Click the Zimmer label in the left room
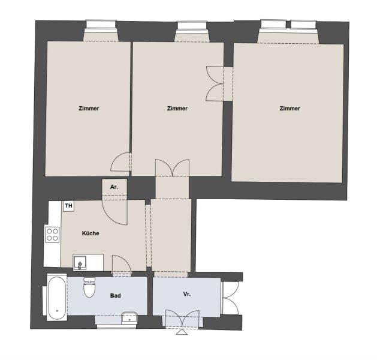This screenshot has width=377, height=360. click(x=89, y=109)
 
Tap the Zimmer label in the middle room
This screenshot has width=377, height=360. click(x=177, y=109)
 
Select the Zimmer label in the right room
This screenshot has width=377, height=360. click(x=289, y=109)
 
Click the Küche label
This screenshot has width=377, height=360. click(x=91, y=233)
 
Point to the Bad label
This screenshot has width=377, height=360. click(x=116, y=296)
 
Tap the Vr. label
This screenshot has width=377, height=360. click(x=187, y=295)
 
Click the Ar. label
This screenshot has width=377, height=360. click(x=114, y=187)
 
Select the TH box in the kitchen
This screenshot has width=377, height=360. click(x=69, y=206)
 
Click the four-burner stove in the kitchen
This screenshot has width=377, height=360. click(x=52, y=233)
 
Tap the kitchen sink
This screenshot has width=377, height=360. click(x=81, y=262)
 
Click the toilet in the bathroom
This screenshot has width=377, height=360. click(x=90, y=289)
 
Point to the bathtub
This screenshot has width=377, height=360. click(x=57, y=298)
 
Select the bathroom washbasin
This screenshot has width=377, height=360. click(x=129, y=317)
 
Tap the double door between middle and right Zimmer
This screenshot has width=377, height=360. click(x=215, y=83)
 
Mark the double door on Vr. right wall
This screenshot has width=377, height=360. click(x=231, y=297)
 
